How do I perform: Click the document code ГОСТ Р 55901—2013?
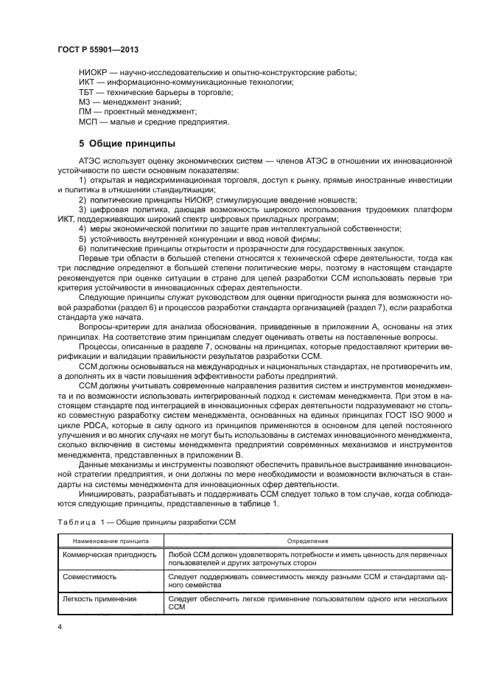point(98,49)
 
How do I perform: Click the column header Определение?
point(307,540)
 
